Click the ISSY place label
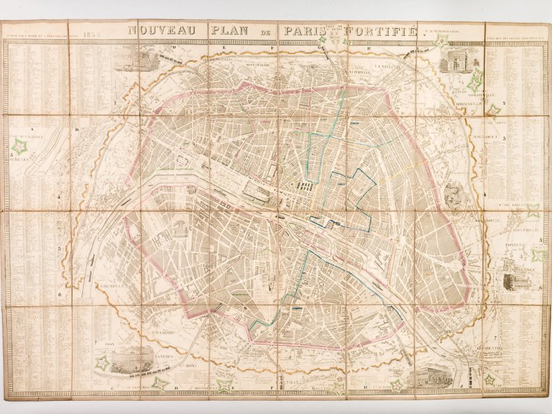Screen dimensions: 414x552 coord(110,343)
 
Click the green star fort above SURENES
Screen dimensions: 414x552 coord(19,147)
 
